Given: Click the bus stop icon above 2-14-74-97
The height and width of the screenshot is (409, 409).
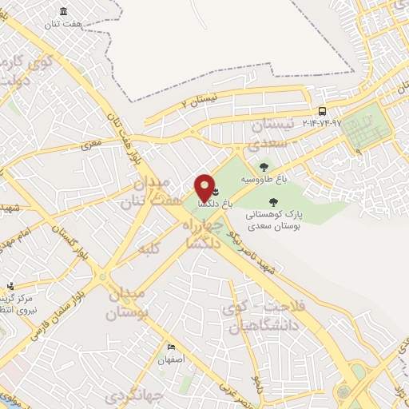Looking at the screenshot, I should tap(322, 111).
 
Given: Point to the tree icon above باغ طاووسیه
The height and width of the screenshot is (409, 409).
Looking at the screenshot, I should tap(264, 167).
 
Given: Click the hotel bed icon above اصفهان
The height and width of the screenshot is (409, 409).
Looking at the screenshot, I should tap(171, 347).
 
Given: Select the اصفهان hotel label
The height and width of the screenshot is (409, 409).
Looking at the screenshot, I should tap(172, 359).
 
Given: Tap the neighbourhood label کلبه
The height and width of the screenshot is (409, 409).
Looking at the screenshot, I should tap(147, 249).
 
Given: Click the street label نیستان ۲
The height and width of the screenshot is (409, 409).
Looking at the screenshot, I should tap(198, 101).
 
